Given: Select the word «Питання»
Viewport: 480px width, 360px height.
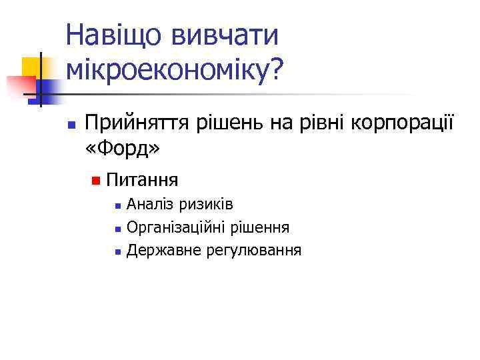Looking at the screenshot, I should (142, 180).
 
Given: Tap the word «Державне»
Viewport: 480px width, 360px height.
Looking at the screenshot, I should (157, 251).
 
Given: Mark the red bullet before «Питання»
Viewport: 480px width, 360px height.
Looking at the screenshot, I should (96, 181).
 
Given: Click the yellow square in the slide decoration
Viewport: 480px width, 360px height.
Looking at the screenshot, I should (33, 67).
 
